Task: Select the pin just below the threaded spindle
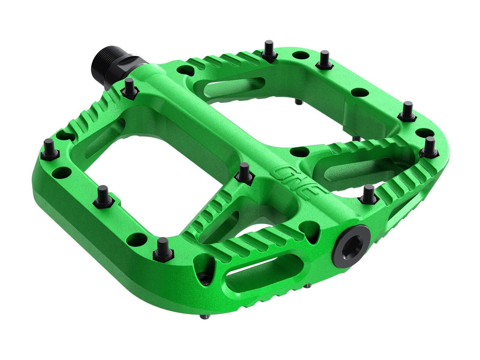[x=130, y=87]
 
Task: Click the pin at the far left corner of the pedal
[x=49, y=149]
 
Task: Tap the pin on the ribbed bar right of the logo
[x=369, y=193]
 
